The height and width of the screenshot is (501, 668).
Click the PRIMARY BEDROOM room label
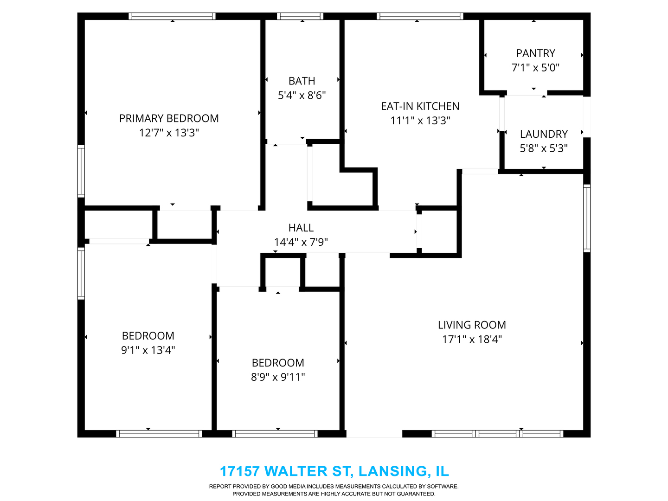169,118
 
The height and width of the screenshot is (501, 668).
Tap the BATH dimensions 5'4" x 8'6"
302,96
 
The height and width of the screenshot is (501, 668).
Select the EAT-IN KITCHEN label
420,106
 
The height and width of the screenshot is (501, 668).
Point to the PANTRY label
535,53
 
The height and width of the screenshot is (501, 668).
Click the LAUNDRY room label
544,134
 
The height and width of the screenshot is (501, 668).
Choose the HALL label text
301,228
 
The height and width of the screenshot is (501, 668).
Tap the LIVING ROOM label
472,325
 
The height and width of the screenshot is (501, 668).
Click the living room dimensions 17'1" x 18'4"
472,340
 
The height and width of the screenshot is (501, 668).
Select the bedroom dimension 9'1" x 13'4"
148,350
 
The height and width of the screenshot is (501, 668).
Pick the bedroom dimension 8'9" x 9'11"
278,377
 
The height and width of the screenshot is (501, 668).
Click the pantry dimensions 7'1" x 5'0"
535,68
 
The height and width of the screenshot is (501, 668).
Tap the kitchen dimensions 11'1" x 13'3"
420,121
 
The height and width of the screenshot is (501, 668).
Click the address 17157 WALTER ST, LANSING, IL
334,471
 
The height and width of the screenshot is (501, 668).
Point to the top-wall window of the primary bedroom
172,16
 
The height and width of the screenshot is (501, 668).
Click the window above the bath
300,16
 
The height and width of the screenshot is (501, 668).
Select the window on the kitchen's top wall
420,16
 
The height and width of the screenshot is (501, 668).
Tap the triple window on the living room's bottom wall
497,434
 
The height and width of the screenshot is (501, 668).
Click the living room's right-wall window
587,218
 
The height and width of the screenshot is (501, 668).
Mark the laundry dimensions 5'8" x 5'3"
544,148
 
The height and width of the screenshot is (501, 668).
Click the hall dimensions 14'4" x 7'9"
301,242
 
